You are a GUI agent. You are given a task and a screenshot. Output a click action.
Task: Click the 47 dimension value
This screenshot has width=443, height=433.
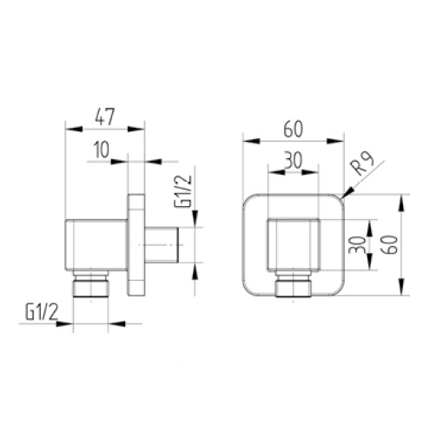point(105,117)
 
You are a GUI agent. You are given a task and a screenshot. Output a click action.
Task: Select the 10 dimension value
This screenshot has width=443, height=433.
point(102,150)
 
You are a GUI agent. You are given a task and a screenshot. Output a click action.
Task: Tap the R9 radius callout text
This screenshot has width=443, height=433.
point(361,163)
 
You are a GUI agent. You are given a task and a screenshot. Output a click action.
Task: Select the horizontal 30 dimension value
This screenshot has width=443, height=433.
point(293,160)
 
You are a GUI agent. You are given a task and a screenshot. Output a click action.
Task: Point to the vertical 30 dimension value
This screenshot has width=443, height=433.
point(356,245)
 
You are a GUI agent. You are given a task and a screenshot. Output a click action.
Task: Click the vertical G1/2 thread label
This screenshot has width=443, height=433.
point(182,191)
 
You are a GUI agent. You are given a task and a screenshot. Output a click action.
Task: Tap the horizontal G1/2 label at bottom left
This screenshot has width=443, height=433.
point(42,312)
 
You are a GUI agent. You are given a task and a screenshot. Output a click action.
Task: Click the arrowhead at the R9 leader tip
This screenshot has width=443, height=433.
point(348,193)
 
